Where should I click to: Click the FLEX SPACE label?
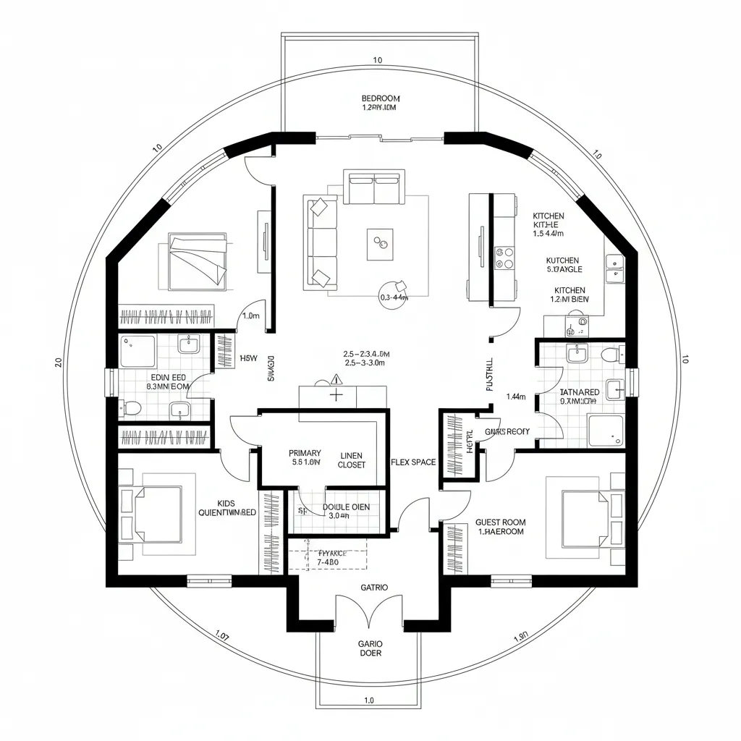413,462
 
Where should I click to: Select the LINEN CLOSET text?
352,460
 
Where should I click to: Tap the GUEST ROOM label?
501,526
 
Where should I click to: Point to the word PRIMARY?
305,453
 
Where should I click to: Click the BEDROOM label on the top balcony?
381,98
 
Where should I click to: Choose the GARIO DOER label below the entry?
370,648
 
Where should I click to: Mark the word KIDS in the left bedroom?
226,503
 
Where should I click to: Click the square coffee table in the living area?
380,245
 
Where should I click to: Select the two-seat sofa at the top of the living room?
374,187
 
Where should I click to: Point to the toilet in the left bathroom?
132,409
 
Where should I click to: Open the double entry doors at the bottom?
370,611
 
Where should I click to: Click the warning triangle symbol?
336,378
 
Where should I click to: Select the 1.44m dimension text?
516,397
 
